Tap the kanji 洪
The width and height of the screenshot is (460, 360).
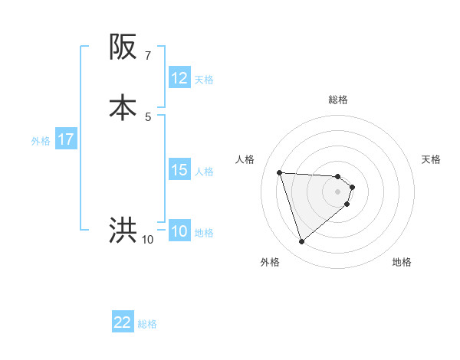(123, 230)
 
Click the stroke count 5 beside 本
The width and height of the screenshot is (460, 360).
(148, 116)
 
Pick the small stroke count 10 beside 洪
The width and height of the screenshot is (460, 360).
(147, 240)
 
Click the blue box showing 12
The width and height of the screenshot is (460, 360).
(179, 78)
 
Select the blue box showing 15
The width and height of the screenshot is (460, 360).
(179, 170)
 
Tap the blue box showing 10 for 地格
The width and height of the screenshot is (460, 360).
(179, 231)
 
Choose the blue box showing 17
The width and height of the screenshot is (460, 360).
(66, 139)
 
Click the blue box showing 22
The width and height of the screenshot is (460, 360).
(123, 322)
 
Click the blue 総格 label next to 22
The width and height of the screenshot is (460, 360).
(147, 324)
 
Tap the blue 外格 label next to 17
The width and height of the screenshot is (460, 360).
(41, 141)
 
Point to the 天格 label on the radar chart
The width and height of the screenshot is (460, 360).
(431, 159)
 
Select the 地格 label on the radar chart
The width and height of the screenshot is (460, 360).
(402, 262)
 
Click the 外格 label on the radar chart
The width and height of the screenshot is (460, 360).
(270, 262)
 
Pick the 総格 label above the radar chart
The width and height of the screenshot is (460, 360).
(338, 100)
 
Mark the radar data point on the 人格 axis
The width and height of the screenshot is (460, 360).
(280, 172)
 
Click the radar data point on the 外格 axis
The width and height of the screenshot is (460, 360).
(301, 242)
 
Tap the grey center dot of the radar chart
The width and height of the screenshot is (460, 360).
(338, 191)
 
